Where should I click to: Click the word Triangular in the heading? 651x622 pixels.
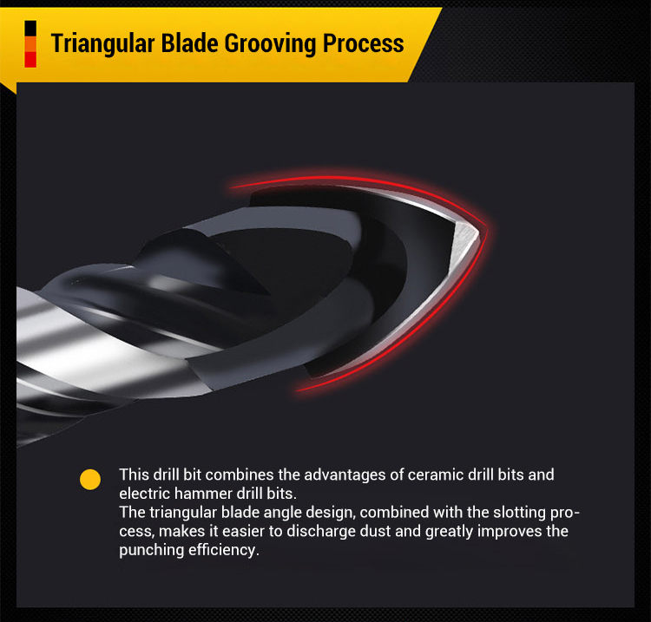(x=103, y=43)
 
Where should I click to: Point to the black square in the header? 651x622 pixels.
(x=30, y=26)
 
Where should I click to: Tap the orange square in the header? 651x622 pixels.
(x=30, y=43)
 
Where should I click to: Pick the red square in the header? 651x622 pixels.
(x=30, y=59)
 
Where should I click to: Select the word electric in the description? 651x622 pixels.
(x=145, y=491)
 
